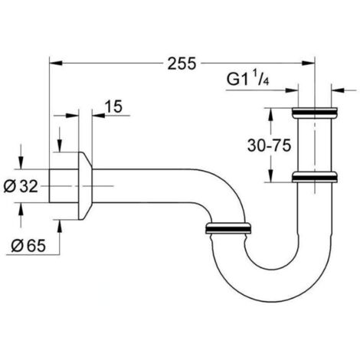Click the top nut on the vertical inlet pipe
(x=315, y=114)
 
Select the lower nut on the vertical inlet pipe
(x=315, y=179)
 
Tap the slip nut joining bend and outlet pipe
(x=230, y=228)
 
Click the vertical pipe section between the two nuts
(x=315, y=146)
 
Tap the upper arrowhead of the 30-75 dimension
(x=270, y=114)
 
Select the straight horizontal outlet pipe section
(x=146, y=185)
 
